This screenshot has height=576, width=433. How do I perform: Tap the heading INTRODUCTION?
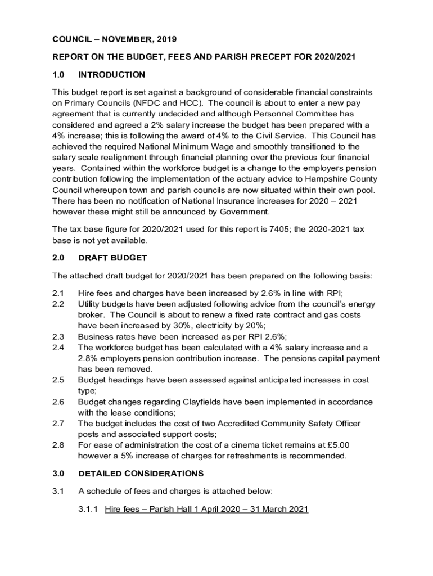(x=112, y=75)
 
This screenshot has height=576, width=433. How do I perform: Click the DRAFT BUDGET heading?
(x=112, y=258)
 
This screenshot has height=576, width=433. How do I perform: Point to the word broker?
(x=91, y=315)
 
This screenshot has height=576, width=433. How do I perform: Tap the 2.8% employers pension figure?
(x=88, y=359)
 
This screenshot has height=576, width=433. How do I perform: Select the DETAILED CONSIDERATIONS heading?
(x=141, y=474)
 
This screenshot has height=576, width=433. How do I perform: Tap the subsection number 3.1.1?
(x=89, y=510)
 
